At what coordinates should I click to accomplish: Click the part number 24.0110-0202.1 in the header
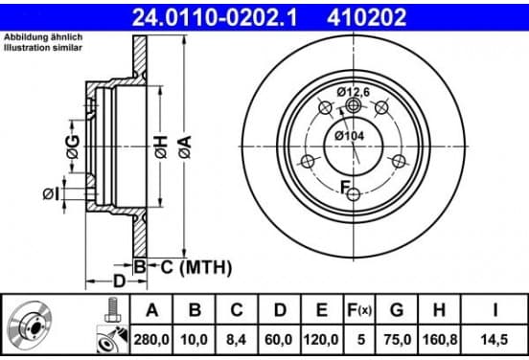[x=215, y=17]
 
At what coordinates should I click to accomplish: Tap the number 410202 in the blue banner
[x=366, y=17]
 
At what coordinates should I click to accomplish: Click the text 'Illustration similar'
[x=43, y=48]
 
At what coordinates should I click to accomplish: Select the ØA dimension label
[x=185, y=146]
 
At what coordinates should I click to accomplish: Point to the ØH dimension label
[x=161, y=147]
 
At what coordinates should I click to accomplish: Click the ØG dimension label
[x=73, y=146]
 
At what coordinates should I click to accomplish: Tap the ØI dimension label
[x=51, y=194]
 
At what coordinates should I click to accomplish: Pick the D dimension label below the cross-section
[x=119, y=281]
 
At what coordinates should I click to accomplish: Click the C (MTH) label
[x=196, y=268]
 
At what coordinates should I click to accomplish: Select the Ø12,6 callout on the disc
[x=354, y=92]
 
